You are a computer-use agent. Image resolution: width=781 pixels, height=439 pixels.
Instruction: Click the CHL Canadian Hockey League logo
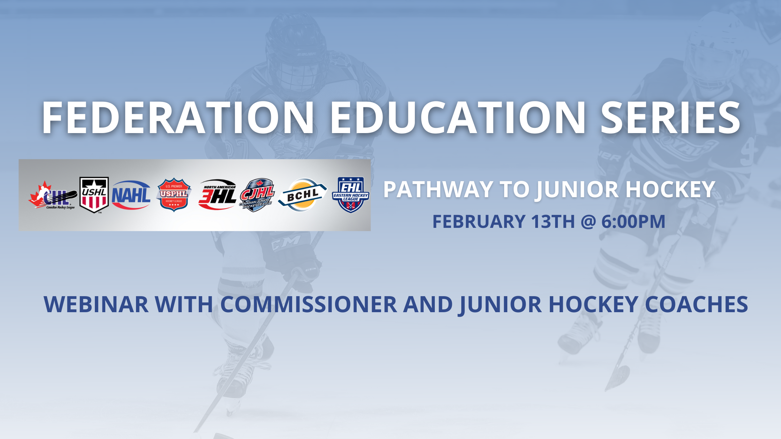click(x=52, y=196)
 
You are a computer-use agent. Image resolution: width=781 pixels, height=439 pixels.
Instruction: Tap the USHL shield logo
click(x=94, y=195)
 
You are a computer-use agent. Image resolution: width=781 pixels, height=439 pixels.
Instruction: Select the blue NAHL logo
click(x=131, y=195)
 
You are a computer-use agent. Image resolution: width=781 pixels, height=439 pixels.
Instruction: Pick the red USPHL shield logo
click(x=174, y=195)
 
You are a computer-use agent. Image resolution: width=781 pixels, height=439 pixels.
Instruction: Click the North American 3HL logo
click(x=218, y=195)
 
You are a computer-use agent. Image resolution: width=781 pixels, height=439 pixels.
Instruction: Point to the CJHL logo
click(x=257, y=195)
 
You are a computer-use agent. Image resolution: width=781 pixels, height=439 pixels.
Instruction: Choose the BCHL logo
click(x=302, y=195)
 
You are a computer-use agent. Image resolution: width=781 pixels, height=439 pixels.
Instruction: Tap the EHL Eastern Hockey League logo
click(x=351, y=195)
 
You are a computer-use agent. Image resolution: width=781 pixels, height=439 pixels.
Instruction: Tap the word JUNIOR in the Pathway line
click(x=578, y=190)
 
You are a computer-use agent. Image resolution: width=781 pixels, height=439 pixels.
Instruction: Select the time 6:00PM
click(x=633, y=222)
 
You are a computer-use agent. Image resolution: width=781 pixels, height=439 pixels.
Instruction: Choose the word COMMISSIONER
click(x=309, y=305)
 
